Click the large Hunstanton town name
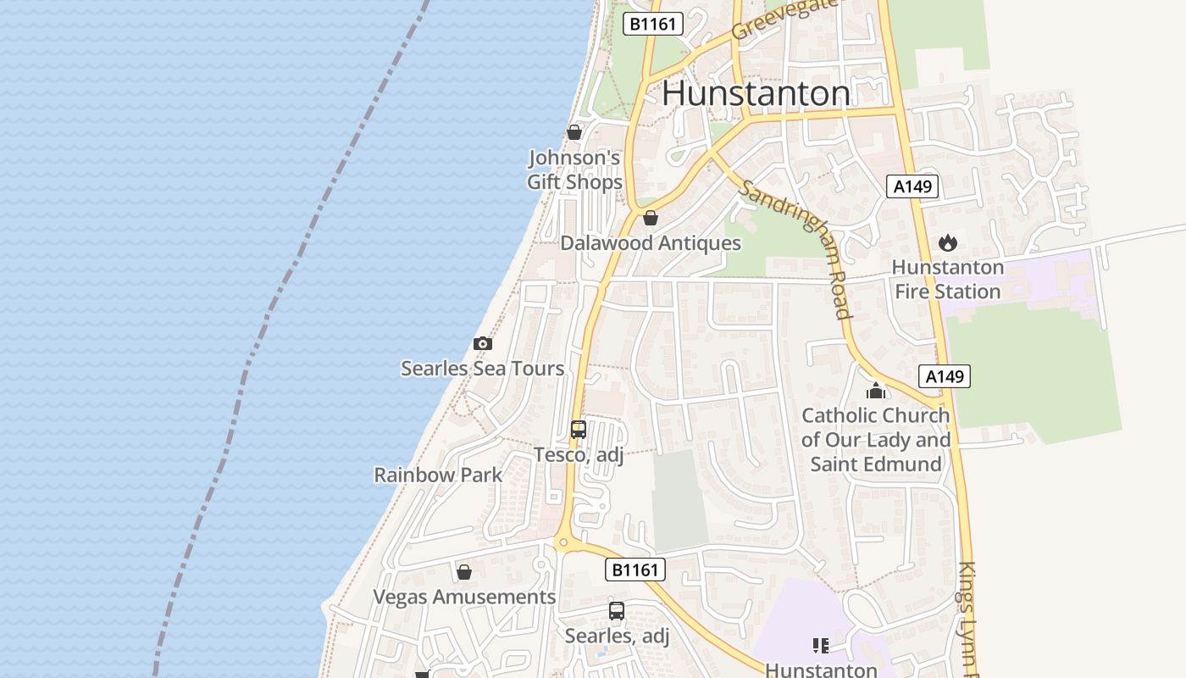click(x=756, y=92)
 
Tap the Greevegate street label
click(x=784, y=18)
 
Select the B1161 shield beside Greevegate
click(x=653, y=24)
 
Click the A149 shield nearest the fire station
click(x=912, y=186)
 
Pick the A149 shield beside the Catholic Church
click(x=944, y=376)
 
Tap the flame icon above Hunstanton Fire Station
click(x=947, y=243)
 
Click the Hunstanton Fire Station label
click(x=947, y=280)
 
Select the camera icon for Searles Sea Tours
click(x=482, y=343)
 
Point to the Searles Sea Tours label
click(x=482, y=369)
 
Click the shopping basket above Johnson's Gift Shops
click(x=574, y=132)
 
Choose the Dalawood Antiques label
click(x=651, y=243)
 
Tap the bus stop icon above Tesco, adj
click(x=579, y=430)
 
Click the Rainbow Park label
click(x=439, y=475)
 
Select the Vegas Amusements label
click(x=464, y=597)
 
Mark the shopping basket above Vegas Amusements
click(x=463, y=572)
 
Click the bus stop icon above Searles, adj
click(x=617, y=610)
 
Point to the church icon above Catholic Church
click(x=876, y=391)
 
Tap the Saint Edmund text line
click(x=876, y=464)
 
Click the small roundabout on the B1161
click(x=563, y=542)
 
